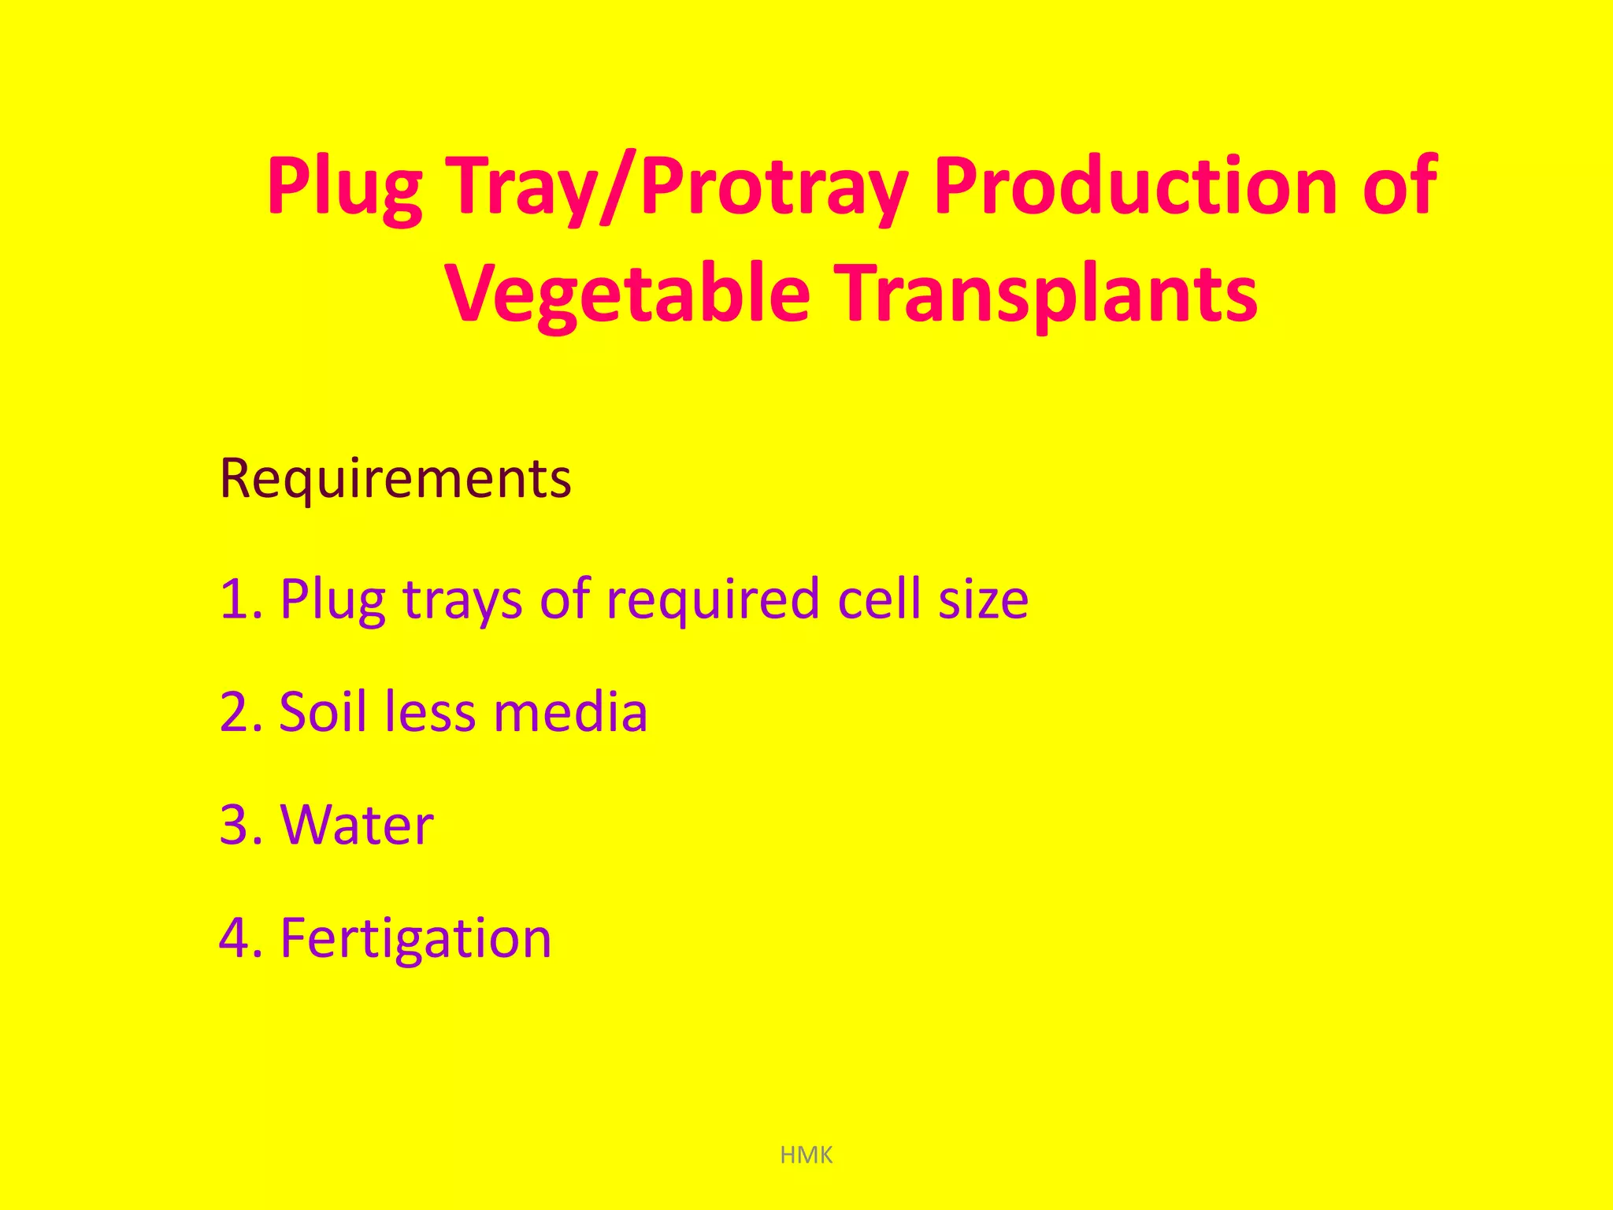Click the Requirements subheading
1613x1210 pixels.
[395, 478]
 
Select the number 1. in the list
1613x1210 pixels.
[241, 599]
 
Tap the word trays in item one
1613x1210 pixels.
[462, 601]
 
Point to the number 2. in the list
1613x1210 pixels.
[241, 712]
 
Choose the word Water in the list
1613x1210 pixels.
[357, 826]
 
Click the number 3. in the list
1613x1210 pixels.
[241, 826]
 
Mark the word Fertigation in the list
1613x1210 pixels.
[416, 939]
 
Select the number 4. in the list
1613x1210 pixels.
[241, 939]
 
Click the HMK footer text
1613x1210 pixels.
[806, 1156]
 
